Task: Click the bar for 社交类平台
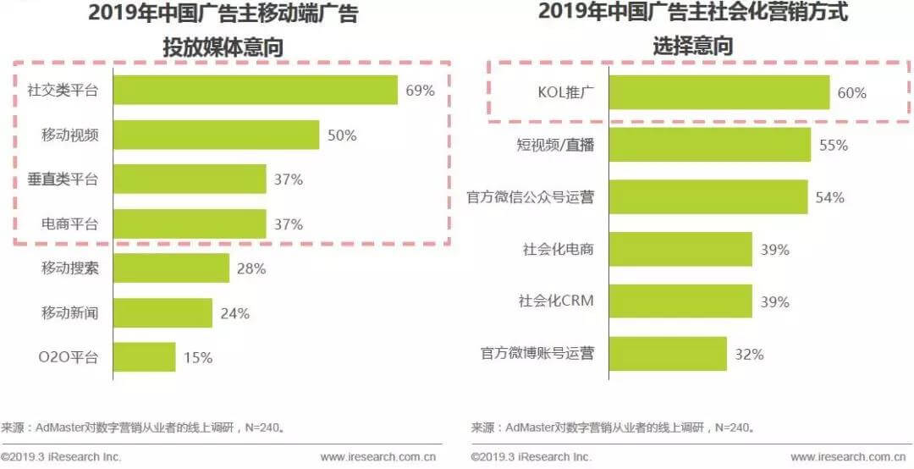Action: click(x=256, y=90)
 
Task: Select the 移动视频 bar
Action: click(x=217, y=135)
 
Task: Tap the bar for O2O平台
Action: click(x=145, y=356)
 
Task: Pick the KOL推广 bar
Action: click(x=719, y=92)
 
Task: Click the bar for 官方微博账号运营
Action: click(x=668, y=354)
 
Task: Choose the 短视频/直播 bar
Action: click(x=710, y=145)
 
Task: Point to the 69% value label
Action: click(x=421, y=91)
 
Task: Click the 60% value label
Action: click(x=852, y=93)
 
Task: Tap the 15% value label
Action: click(x=198, y=357)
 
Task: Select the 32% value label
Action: click(x=749, y=354)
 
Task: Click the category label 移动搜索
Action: click(x=70, y=268)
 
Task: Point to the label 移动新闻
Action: click(x=70, y=312)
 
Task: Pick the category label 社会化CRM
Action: click(x=556, y=301)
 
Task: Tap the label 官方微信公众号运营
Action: click(x=531, y=197)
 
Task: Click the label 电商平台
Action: click(x=70, y=224)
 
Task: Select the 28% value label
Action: click(x=251, y=268)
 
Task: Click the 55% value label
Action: click(x=834, y=146)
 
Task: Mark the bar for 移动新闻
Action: click(x=162, y=312)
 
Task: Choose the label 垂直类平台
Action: click(x=63, y=179)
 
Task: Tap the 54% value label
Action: click(x=830, y=197)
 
